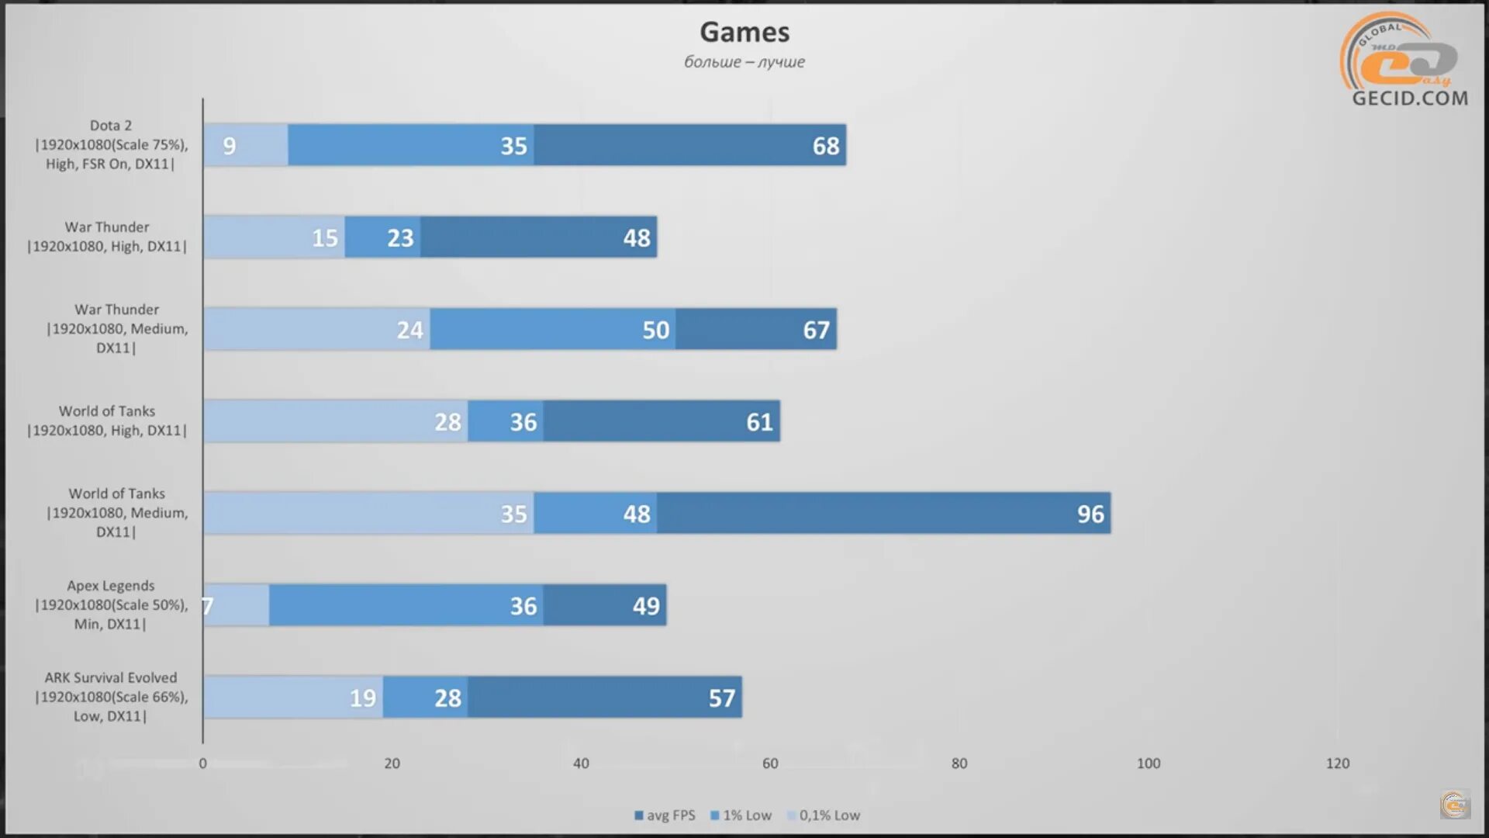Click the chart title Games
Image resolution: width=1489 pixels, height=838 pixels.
coord(744,32)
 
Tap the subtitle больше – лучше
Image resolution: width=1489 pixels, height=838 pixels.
coord(744,62)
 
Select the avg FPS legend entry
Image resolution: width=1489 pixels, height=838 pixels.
coord(665,815)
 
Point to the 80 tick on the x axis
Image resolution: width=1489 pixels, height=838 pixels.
coord(959,764)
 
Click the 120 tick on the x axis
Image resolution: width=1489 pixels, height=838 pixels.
coord(1338,764)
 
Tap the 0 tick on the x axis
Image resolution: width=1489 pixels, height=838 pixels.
coord(203,764)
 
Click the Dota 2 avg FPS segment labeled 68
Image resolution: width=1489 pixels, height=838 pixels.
coord(690,145)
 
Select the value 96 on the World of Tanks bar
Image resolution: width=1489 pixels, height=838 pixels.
coord(1090,514)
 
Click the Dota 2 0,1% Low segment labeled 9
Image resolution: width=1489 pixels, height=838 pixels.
coord(245,145)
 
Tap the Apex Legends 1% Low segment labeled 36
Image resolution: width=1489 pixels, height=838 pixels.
coord(406,605)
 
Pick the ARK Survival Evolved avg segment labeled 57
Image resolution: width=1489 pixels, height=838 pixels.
coord(605,698)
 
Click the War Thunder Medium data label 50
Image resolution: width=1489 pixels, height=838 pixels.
coord(655,330)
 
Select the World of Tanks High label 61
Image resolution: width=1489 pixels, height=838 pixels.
coord(759,422)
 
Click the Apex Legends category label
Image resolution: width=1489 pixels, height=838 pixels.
coord(111,604)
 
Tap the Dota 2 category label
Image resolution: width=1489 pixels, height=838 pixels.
coord(111,144)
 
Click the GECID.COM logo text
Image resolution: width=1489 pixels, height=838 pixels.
coord(1410,99)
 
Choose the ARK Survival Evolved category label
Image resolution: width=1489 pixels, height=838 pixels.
coord(111,697)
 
